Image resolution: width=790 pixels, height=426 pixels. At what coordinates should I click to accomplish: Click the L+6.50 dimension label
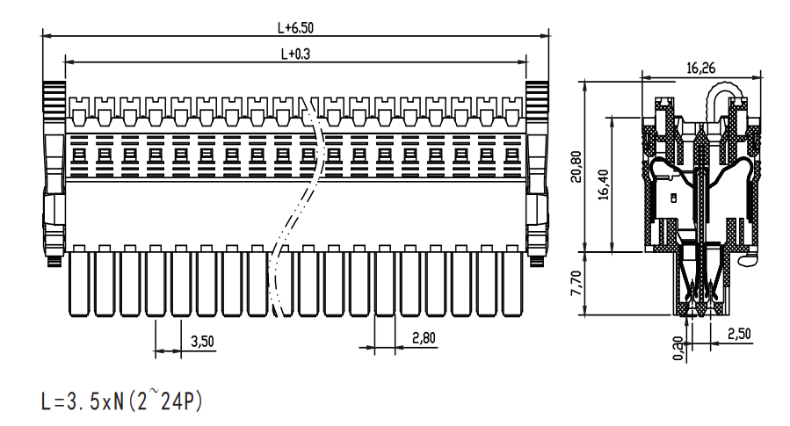[x=295, y=28]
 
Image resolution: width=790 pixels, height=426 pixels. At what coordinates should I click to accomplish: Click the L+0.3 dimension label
[x=295, y=54]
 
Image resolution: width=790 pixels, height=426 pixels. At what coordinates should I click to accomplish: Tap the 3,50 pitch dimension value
[x=202, y=342]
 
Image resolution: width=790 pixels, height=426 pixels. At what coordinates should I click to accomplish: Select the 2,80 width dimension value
[x=424, y=338]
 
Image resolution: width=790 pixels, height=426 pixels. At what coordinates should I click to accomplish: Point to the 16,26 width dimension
[x=701, y=68]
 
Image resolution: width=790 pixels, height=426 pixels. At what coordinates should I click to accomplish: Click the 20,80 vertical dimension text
[x=576, y=167]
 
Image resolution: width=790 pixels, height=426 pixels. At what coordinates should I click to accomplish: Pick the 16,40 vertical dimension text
[x=603, y=184]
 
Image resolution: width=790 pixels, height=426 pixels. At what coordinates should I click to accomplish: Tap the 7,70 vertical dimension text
[x=576, y=283]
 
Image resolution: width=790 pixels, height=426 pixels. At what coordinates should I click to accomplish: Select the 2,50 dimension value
[x=739, y=334]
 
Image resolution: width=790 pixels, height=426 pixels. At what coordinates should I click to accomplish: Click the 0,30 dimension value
[x=678, y=349]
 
